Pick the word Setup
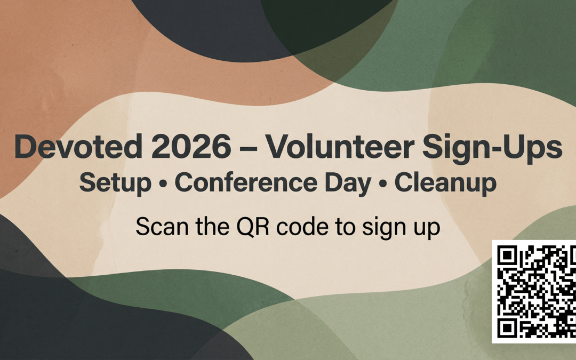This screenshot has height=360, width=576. (115, 183)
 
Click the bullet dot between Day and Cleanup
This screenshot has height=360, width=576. (383, 185)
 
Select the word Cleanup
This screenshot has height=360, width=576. (446, 184)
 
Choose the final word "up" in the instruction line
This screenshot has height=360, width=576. (427, 229)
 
